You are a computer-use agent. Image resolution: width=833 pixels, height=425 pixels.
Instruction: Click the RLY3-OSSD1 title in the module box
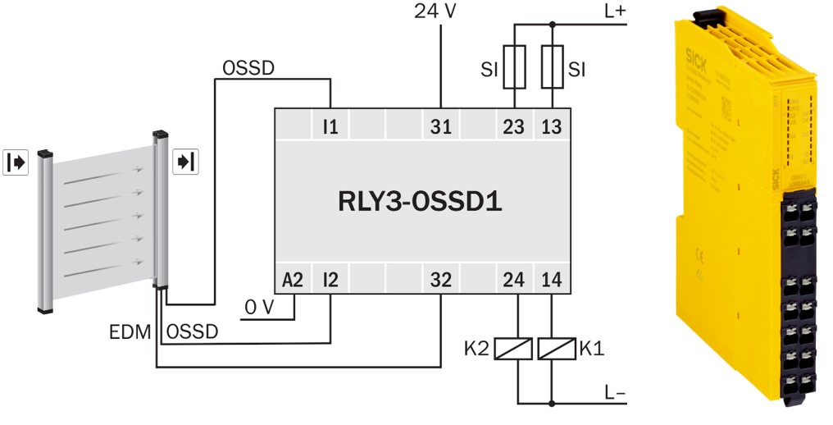click(x=420, y=201)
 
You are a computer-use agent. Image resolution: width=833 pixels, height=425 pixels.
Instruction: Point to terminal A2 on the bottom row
click(x=293, y=281)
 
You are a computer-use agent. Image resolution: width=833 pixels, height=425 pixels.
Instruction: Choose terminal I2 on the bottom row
click(x=330, y=281)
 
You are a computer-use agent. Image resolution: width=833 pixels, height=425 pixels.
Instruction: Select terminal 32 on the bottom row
click(x=441, y=281)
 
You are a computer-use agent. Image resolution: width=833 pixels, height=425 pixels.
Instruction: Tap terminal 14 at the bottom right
click(x=552, y=281)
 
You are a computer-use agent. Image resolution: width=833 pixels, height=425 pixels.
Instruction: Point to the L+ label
click(x=613, y=11)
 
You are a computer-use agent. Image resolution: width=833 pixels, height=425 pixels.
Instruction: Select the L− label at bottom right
click(x=615, y=393)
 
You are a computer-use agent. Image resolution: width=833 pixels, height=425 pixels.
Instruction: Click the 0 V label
click(x=258, y=308)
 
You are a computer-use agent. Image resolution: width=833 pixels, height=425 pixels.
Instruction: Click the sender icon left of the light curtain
click(x=16, y=162)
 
